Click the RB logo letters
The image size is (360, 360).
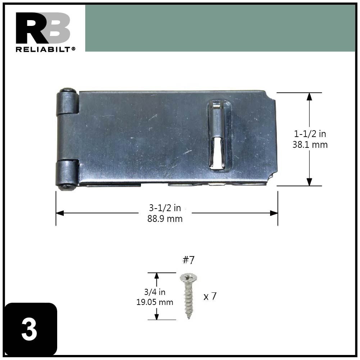(42, 28)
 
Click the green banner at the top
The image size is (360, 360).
(220, 28)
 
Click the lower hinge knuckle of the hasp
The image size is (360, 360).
(67, 174)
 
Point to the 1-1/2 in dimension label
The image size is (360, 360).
(310, 134)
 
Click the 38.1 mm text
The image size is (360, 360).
(310, 145)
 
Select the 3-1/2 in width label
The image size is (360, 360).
(165, 208)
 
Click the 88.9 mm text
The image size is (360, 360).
(165, 219)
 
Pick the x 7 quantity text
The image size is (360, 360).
(210, 297)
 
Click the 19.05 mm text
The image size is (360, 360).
(155, 302)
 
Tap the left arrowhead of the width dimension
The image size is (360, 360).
(60, 213)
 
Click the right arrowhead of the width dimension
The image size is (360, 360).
(274, 213)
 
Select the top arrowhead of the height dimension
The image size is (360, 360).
(309, 96)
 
